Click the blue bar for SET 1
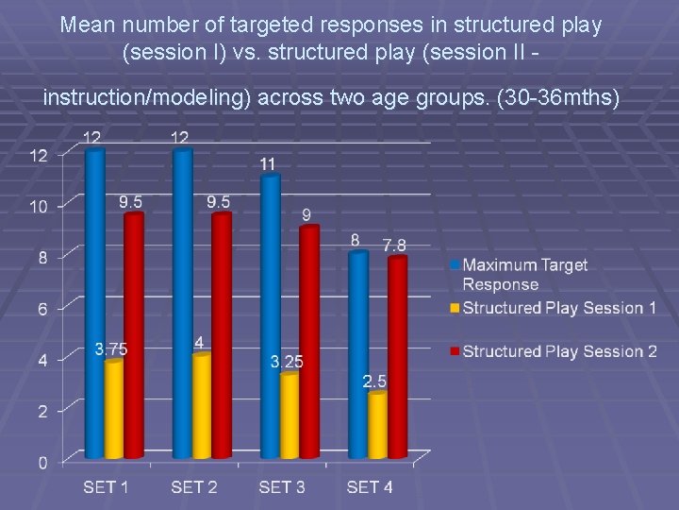[94, 302]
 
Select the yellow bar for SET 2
[201, 406]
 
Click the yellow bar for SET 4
[377, 425]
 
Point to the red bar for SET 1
[134, 335]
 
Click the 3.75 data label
[111, 349]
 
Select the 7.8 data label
[395, 246]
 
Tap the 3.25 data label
[287, 362]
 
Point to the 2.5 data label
[374, 382]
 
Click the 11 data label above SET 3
[268, 164]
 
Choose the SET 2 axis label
[194, 487]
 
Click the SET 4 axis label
[370, 487]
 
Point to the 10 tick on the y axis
[39, 206]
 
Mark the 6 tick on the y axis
[42, 308]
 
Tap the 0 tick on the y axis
[42, 462]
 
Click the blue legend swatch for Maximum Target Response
[455, 265]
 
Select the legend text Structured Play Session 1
[559, 308]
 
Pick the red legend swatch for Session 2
[455, 351]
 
